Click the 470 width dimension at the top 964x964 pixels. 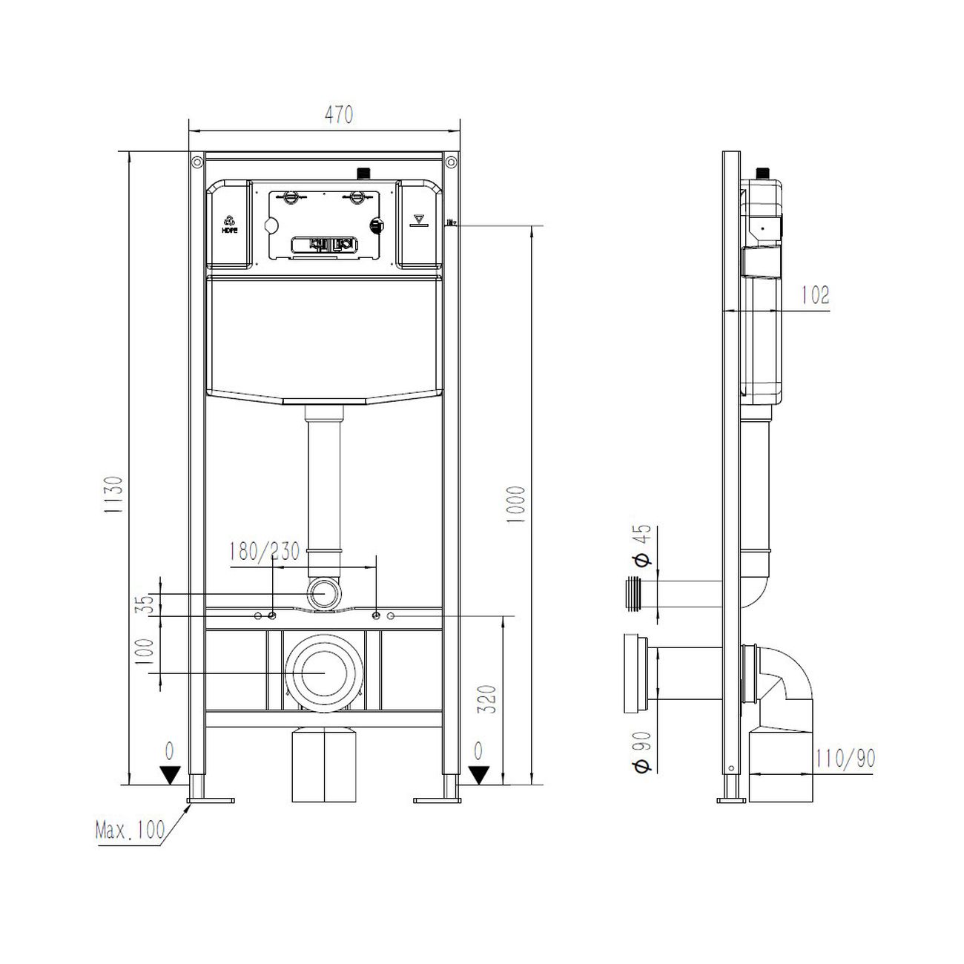pos(338,115)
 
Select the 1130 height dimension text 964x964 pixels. pos(113,495)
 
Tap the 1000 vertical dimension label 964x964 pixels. pos(516,504)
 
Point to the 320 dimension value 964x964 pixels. pos(487,699)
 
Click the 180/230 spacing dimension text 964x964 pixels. pos(264,552)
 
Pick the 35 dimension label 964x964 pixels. pos(146,603)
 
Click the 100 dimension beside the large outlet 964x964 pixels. pos(146,650)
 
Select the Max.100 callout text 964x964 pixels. pos(131,830)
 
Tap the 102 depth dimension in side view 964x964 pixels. pos(815,295)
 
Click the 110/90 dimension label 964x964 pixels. pos(845,758)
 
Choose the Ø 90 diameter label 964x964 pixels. pos(642,753)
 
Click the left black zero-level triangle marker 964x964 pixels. pos(171,775)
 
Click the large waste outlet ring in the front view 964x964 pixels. pos(324,673)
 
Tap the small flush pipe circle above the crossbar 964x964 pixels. pos(324,594)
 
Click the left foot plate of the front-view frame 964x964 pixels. pos(211,799)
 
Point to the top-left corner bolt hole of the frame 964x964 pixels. pos(197,161)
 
